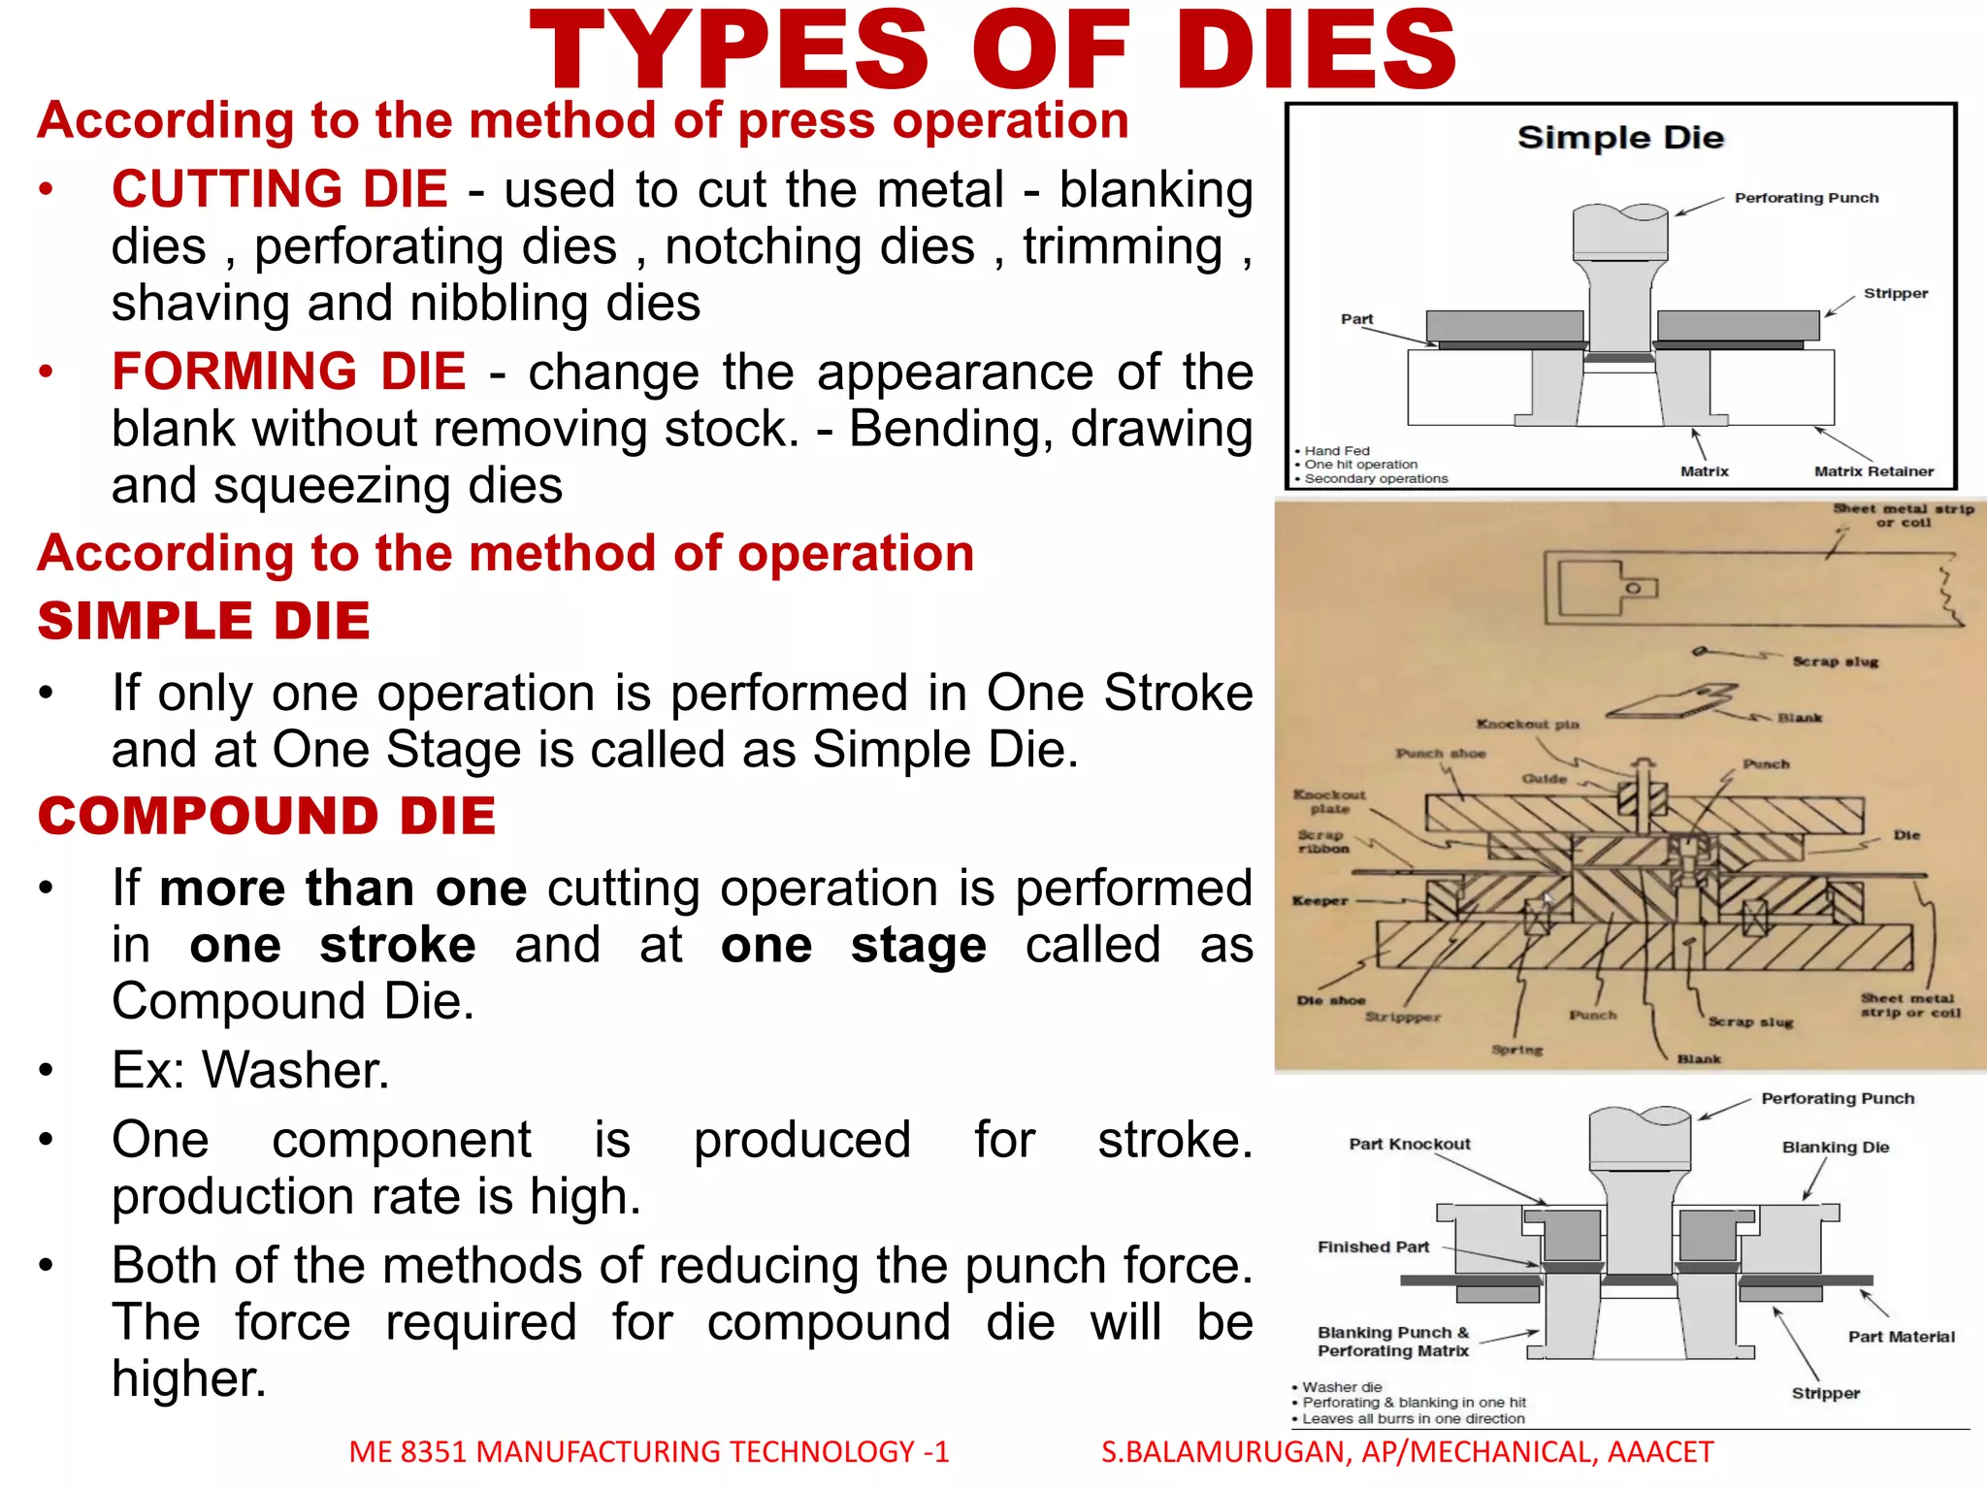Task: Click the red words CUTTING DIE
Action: (x=279, y=188)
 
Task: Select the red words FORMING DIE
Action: (x=289, y=371)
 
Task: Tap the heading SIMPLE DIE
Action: (x=204, y=621)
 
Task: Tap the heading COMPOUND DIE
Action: (x=267, y=816)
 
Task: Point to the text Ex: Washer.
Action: (x=250, y=1070)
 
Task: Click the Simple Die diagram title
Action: (x=1620, y=138)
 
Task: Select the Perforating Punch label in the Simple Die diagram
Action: (x=1806, y=198)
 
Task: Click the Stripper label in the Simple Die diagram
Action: (x=1895, y=293)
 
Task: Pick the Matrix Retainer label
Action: (x=1873, y=471)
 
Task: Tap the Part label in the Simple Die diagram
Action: (x=1356, y=319)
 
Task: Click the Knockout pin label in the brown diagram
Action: (x=1527, y=724)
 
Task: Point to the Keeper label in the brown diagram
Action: (x=1319, y=900)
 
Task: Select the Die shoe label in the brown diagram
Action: (x=1330, y=1000)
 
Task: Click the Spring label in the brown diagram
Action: (x=1516, y=1050)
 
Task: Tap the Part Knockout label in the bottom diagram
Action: (x=1409, y=1144)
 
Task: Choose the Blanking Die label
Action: (x=1835, y=1147)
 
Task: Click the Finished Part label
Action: (x=1373, y=1247)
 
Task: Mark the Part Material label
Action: (x=1901, y=1336)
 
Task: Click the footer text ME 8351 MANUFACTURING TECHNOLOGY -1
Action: (x=648, y=1451)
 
